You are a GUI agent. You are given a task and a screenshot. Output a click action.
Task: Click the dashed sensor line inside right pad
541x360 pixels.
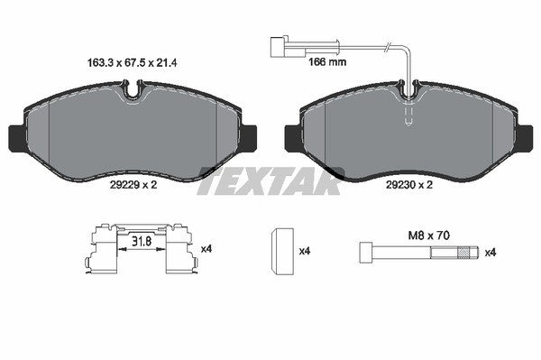click(x=409, y=113)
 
